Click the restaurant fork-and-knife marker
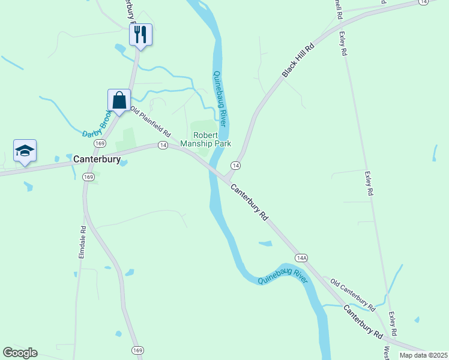coord(141,34)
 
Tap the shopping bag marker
coord(119,100)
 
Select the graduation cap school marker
coord(25,150)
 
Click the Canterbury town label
coord(97,160)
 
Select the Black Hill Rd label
coord(298,60)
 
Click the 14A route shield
coord(301,257)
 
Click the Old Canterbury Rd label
coord(352,295)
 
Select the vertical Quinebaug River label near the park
coord(220,98)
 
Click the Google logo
coord(20,353)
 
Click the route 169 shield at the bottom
coord(138,350)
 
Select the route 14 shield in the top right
coord(424,2)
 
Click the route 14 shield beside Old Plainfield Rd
coord(163,145)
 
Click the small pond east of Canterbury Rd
coord(265,243)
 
